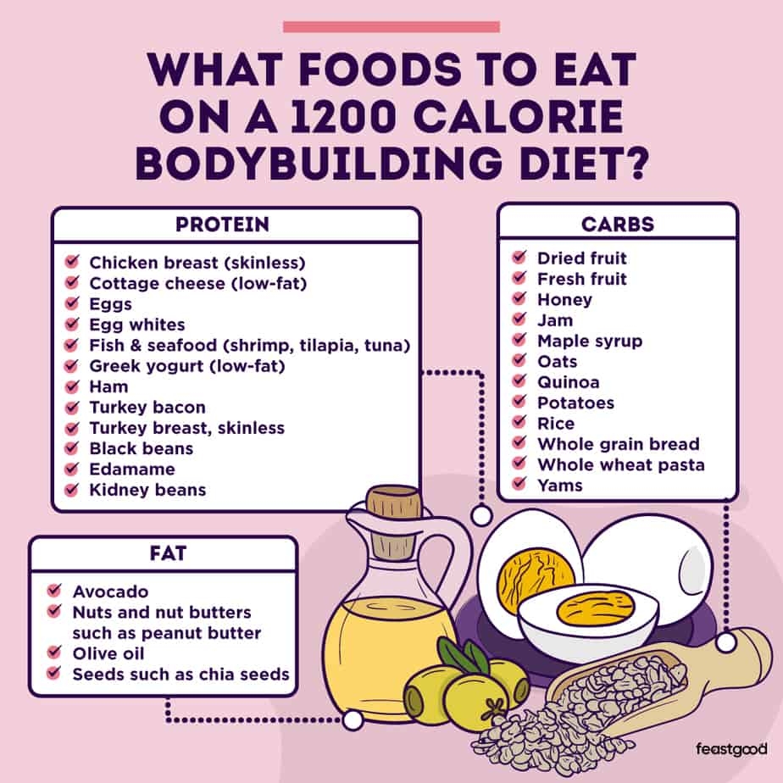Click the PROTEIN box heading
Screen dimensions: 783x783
pyautogui.click(x=222, y=225)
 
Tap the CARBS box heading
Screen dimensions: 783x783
pyautogui.click(x=618, y=225)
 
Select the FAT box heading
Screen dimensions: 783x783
pyautogui.click(x=168, y=553)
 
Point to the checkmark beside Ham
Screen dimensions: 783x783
pyautogui.click(x=72, y=386)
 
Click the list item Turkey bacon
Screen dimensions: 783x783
pyautogui.click(x=147, y=408)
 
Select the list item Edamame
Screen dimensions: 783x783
pyautogui.click(x=132, y=469)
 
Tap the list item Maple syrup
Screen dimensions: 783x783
pyautogui.click(x=590, y=342)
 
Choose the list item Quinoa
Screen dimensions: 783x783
pyautogui.click(x=569, y=382)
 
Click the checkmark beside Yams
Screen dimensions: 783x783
pyautogui.click(x=519, y=483)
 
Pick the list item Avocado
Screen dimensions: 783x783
pyautogui.click(x=110, y=591)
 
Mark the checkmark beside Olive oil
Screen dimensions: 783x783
pyautogui.click(x=54, y=652)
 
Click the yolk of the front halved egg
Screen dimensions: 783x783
pyautogui.click(x=596, y=607)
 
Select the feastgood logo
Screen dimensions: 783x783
pyautogui.click(x=731, y=749)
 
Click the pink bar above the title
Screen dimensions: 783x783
pyautogui.click(x=391, y=27)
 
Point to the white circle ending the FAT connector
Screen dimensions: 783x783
pyautogui.click(x=353, y=720)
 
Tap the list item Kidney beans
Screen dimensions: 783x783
pyautogui.click(x=147, y=490)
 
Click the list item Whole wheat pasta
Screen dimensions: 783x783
pyautogui.click(x=621, y=465)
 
